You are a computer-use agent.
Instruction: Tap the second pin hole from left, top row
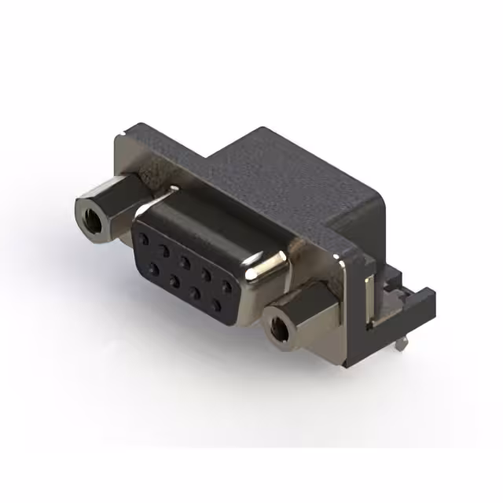165,250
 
